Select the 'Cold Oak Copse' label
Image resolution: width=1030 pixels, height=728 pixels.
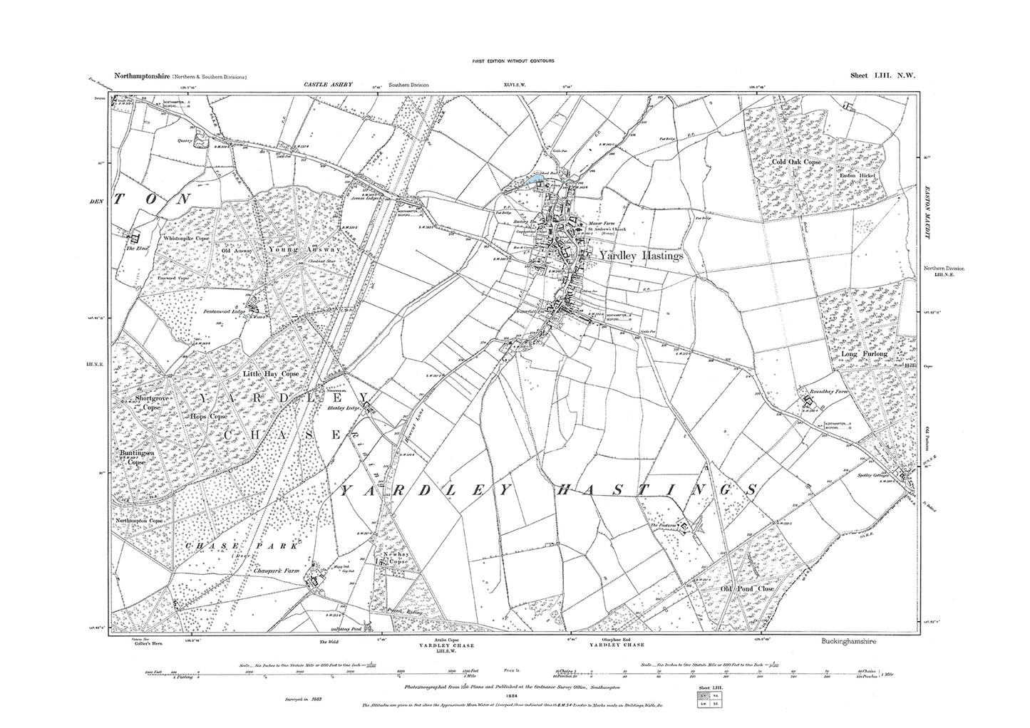tap(798, 162)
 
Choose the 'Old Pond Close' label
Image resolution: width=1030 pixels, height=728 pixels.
tap(736, 590)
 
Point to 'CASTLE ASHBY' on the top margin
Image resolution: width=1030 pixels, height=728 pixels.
tap(324, 85)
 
